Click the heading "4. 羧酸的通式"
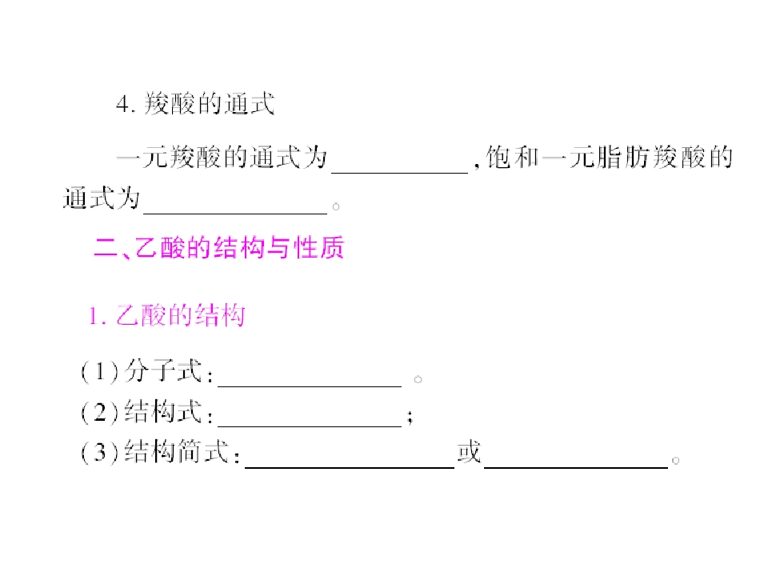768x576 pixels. pyautogui.click(x=195, y=104)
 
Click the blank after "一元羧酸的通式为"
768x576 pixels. pyautogui.click(x=400, y=173)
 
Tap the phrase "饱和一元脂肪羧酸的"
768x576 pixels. pyautogui.click(x=610, y=158)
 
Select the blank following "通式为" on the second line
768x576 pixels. pyautogui.click(x=235, y=213)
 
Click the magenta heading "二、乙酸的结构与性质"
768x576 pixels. pyautogui.click(x=219, y=247)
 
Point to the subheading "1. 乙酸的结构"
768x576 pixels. pyautogui.click(x=166, y=315)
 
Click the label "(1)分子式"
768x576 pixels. pyautogui.click(x=141, y=370)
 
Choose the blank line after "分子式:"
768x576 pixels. pyautogui.click(x=310, y=386)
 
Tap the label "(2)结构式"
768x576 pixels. pyautogui.click(x=141, y=411)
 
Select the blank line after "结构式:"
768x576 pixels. pyautogui.click(x=310, y=426)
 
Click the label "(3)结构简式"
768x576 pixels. pyautogui.click(x=154, y=451)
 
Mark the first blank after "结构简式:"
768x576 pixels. pyautogui.click(x=350, y=467)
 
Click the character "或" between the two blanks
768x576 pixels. pyautogui.click(x=470, y=451)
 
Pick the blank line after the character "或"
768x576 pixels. pyautogui.click(x=576, y=467)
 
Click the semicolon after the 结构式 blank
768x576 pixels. pyautogui.click(x=410, y=416)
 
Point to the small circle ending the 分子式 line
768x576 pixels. pyautogui.click(x=418, y=379)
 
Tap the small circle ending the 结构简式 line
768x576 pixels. pyautogui.click(x=675, y=461)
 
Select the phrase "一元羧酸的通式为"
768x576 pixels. pyautogui.click(x=222, y=158)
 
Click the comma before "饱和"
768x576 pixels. pyautogui.click(x=477, y=166)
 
